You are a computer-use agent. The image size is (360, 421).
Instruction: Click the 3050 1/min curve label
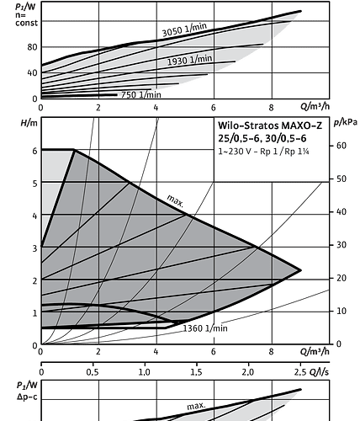click(185, 29)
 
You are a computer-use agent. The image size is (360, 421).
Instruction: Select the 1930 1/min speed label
click(189, 60)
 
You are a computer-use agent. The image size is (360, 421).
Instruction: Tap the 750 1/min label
click(141, 94)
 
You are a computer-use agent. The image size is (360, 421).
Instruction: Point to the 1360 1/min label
click(205, 328)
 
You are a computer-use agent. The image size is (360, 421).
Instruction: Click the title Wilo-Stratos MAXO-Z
click(270, 125)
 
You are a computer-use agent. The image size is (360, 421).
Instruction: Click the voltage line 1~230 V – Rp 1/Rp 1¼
click(263, 152)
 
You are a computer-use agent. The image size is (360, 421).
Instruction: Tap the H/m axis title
click(29, 123)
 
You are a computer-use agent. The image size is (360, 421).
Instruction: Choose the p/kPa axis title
click(346, 122)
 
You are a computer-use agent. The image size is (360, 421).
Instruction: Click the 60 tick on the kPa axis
click(341, 146)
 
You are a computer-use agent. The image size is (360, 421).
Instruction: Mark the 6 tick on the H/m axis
click(34, 151)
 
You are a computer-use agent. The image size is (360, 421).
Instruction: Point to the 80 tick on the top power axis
click(32, 47)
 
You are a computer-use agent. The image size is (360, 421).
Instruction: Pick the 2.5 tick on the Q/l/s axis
click(300, 372)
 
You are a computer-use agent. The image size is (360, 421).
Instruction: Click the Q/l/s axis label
click(319, 372)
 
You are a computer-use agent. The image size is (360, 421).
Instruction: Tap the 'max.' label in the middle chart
click(176, 201)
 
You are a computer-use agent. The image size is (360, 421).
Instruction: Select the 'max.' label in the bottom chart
click(196, 406)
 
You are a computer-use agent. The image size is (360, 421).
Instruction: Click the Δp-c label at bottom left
click(27, 397)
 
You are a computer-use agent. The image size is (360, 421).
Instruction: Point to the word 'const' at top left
click(26, 23)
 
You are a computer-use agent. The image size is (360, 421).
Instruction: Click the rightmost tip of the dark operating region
click(301, 270)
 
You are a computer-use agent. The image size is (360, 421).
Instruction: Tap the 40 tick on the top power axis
click(32, 73)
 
